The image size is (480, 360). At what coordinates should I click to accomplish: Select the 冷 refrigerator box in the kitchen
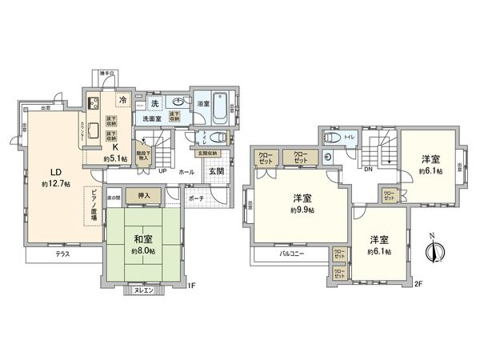pyautogui.click(x=122, y=100)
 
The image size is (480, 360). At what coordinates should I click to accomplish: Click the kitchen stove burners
pyautogui.click(x=93, y=102)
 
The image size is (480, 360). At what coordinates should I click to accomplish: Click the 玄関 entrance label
pyautogui.click(x=216, y=172)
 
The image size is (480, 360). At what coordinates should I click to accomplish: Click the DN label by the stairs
pyautogui.click(x=367, y=170)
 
